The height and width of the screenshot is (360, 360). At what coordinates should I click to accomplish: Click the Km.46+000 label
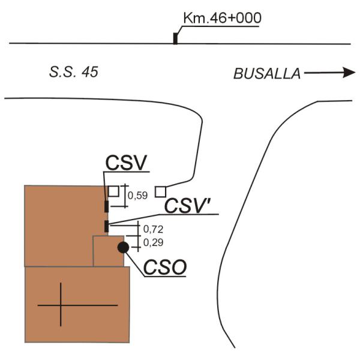222,18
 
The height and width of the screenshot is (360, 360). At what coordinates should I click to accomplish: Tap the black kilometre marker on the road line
175,38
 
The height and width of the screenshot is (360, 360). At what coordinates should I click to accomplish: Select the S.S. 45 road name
74,72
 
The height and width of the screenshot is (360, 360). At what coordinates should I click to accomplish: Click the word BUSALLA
267,74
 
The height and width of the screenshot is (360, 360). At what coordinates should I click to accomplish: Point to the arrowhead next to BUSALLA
349,73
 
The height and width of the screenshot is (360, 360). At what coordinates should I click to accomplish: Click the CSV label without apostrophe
126,163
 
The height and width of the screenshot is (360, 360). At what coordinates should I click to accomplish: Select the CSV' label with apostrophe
188,206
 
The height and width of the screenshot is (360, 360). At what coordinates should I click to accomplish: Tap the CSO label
165,267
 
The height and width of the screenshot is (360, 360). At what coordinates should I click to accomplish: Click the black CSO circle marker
123,247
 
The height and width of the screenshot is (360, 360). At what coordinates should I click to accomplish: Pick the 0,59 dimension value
137,196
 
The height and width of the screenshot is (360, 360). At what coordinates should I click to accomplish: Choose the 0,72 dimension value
153,229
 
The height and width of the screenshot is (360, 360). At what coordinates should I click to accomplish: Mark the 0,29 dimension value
153,242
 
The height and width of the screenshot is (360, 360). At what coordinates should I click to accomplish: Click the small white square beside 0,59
113,191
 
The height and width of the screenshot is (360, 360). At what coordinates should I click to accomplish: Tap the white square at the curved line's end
160,192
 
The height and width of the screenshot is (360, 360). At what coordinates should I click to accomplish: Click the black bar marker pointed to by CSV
107,206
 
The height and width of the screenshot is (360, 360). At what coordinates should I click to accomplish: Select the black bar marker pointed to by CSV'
107,226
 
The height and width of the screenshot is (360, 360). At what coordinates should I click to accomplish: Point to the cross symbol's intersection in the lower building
61,305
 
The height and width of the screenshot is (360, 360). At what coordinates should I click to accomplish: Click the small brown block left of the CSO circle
109,251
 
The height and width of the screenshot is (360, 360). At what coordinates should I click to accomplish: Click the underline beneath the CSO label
165,276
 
